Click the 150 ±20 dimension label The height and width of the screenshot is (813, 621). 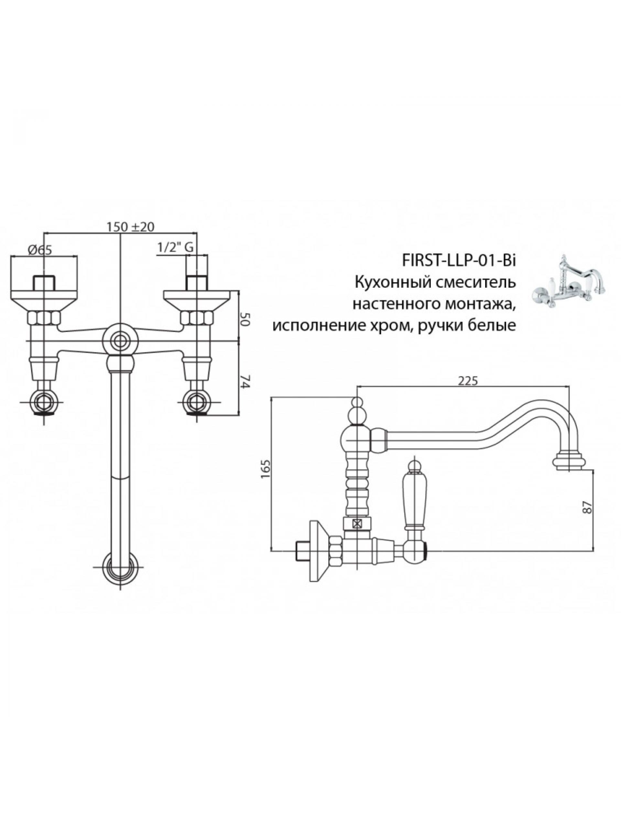[x=130, y=226]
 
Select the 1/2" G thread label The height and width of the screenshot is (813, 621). [x=175, y=248]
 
